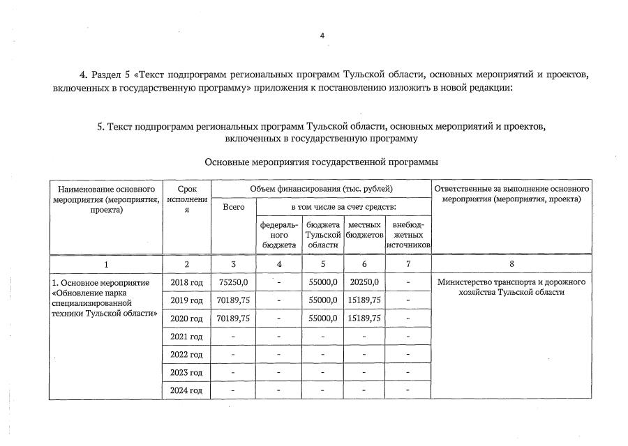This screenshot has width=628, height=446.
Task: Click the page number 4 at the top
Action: tap(322, 36)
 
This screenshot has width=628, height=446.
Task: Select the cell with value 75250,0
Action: tap(233, 282)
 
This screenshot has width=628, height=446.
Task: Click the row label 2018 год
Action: tap(186, 282)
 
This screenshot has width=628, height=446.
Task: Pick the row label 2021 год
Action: tap(186, 337)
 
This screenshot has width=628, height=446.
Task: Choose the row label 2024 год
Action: tap(186, 390)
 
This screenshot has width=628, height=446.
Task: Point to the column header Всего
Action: tap(233, 208)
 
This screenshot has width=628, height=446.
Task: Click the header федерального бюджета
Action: tap(279, 235)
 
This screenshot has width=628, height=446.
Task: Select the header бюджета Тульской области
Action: tap(323, 235)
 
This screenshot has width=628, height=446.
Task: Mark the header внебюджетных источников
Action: tap(408, 235)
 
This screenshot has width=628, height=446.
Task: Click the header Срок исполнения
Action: tap(186, 200)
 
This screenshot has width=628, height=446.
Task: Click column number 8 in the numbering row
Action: tap(511, 264)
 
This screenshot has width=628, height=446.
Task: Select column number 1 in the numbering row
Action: tap(106, 264)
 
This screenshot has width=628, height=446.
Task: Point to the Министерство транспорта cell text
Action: tap(511, 287)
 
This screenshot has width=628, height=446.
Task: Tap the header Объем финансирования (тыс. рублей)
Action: tap(321, 189)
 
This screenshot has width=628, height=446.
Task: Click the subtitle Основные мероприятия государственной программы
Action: tap(321, 162)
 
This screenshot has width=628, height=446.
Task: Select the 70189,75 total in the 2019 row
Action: tap(233, 300)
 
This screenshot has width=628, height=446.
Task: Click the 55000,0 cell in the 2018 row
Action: tap(323, 282)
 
